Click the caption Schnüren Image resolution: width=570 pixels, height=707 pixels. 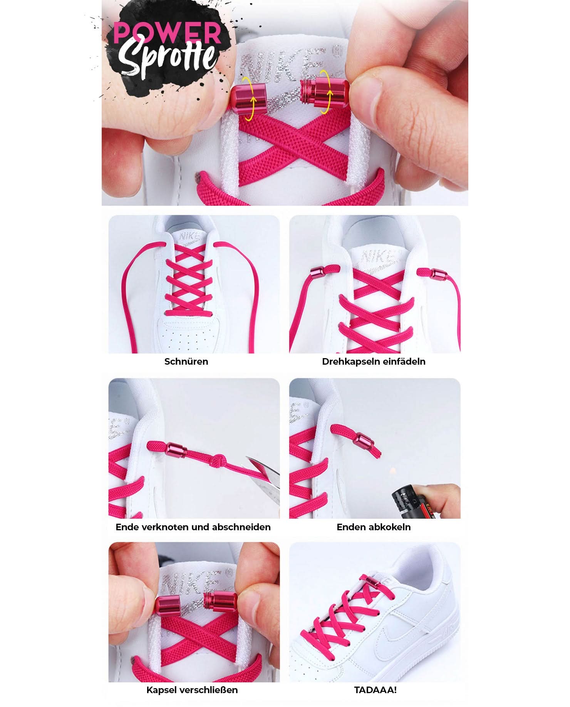[186, 362]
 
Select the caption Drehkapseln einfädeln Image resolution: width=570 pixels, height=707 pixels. [374, 362]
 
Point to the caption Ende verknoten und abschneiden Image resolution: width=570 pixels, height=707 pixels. [193, 527]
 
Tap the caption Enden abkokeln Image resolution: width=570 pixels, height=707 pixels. [374, 527]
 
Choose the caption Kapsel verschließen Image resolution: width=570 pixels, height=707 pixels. [192, 690]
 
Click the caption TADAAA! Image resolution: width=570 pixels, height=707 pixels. [375, 690]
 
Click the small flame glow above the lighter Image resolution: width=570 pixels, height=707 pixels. [392, 471]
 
